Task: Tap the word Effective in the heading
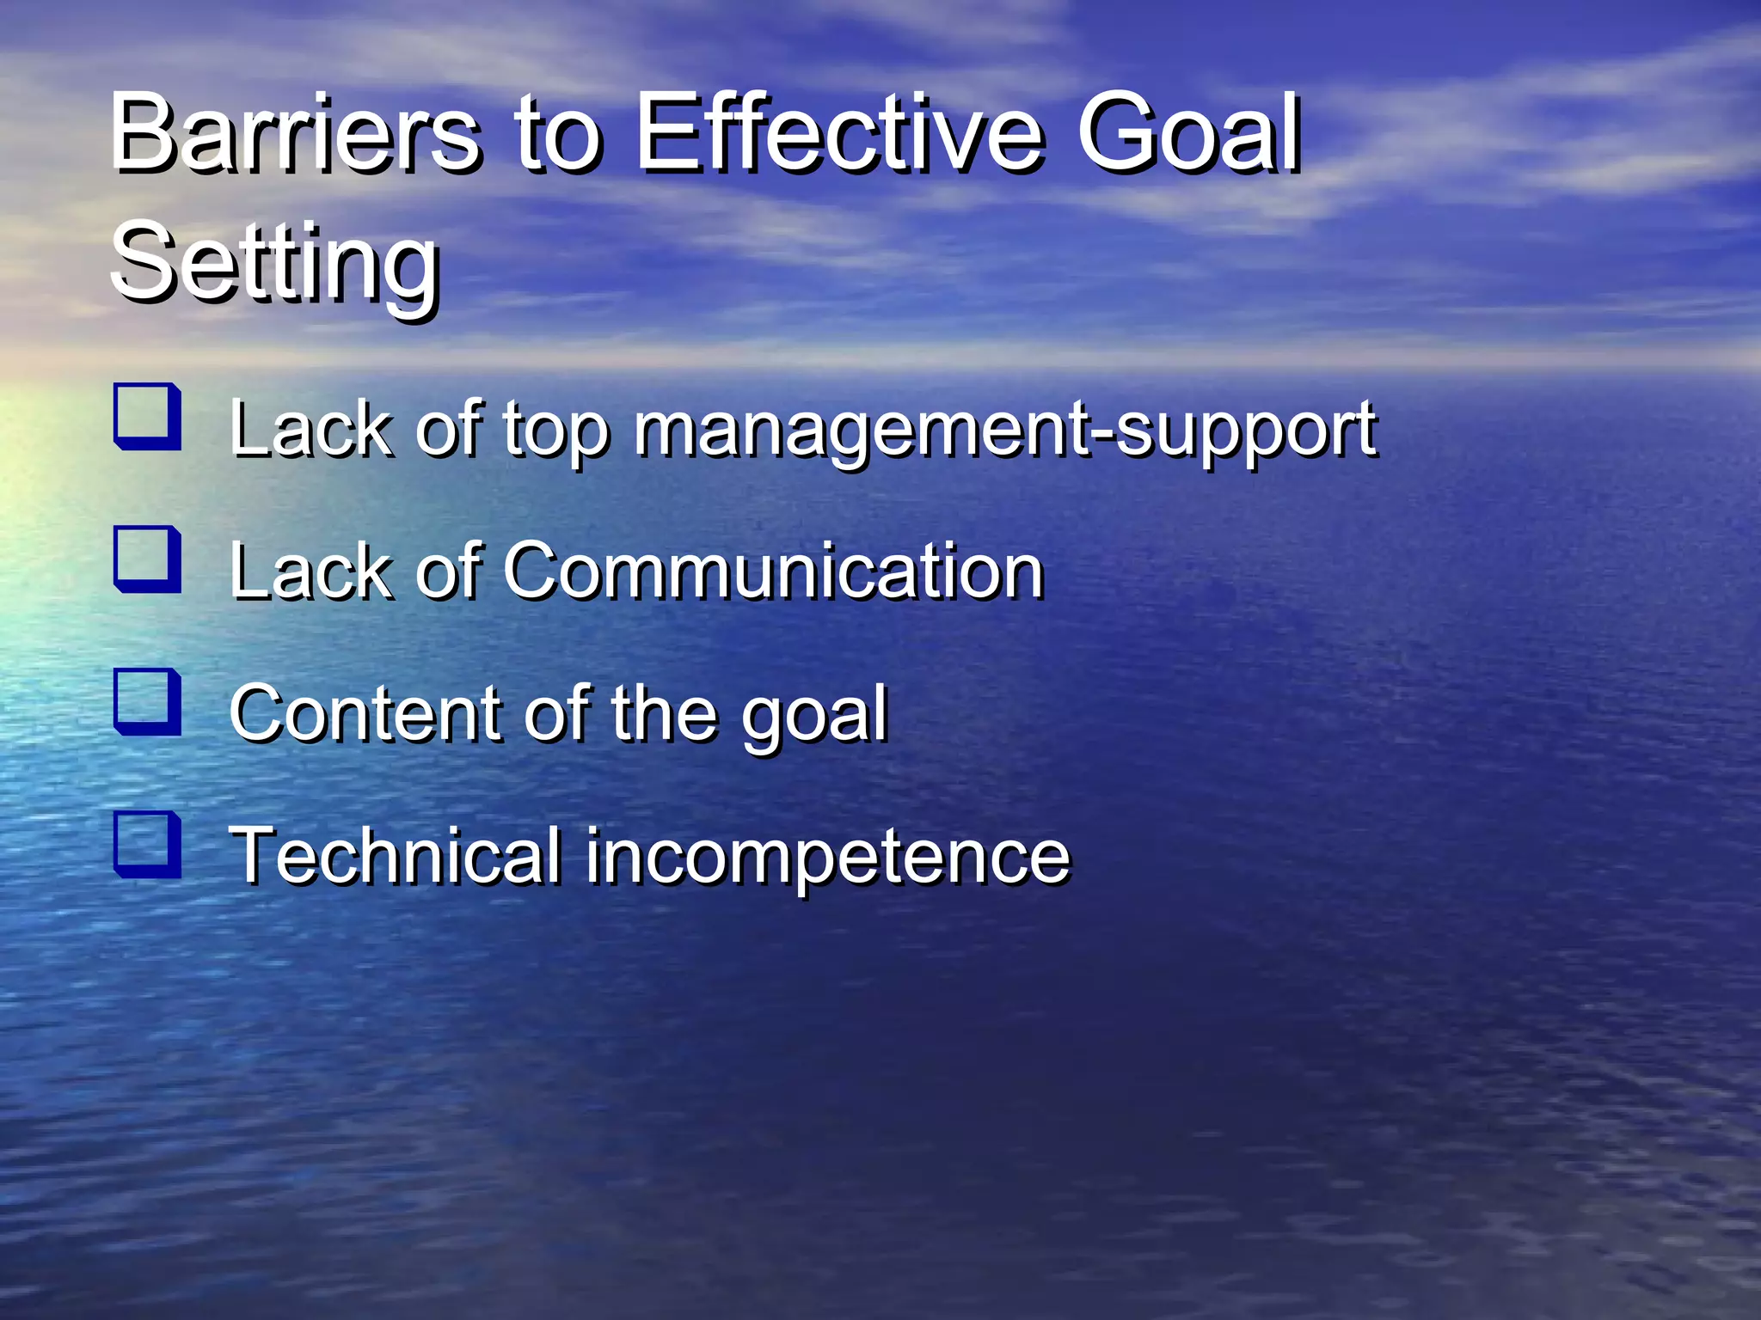point(839,133)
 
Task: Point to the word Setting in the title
point(275,262)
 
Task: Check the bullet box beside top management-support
point(147,417)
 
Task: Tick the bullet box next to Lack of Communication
point(147,559)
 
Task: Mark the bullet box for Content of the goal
point(147,702)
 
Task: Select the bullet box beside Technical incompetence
point(147,845)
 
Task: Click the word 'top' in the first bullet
point(555,430)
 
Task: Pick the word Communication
point(773,571)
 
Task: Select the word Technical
point(396,856)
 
